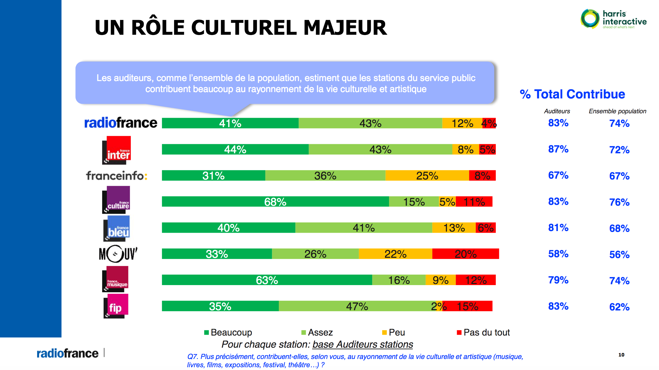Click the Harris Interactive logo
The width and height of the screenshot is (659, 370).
pos(613,19)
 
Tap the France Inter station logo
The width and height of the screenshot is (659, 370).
pos(116,150)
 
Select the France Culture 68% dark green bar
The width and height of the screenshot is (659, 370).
pos(275,202)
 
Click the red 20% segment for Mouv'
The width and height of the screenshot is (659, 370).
pos(465,254)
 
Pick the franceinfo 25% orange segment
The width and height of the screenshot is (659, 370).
pos(427,176)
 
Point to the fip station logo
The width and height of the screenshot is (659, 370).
pos(116,306)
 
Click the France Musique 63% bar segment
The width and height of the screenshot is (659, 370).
pos(267,280)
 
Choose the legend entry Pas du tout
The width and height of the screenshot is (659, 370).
pos(483,332)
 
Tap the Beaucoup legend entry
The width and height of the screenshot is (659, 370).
pos(228,332)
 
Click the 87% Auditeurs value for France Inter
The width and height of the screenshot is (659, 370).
pos(558,149)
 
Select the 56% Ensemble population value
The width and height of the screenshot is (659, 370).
pos(619,254)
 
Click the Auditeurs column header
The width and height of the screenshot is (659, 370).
pos(557,111)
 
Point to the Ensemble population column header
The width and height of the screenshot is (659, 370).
pos(617,111)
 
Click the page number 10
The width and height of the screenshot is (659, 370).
pos(621,355)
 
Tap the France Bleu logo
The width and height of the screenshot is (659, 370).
pos(116,229)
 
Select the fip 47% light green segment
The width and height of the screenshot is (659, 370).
pos(357,306)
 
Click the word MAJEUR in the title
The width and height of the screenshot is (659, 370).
pos(345,28)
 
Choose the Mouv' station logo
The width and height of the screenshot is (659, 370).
pos(118,254)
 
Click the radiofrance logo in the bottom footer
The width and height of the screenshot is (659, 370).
pos(67,353)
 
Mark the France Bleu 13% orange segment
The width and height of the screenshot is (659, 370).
pos(454,228)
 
